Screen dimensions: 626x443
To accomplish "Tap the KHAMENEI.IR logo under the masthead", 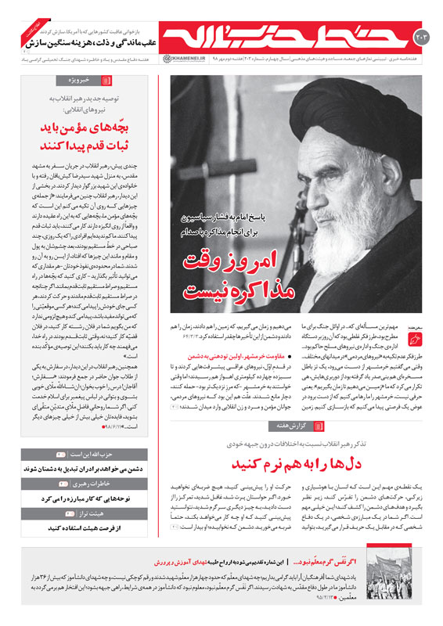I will pyautogui.click(x=181, y=59).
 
